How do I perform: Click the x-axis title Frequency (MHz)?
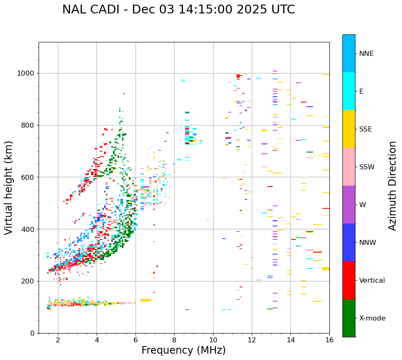[183, 350]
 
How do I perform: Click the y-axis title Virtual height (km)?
[9, 188]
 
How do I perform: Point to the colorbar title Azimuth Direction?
[392, 186]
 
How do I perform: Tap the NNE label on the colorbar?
[366, 54]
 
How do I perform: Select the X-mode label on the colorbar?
[372, 318]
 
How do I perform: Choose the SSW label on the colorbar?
[367, 167]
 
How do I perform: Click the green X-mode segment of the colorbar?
[349, 318]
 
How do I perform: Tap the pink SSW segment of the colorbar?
[349, 167]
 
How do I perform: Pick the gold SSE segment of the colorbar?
[349, 129]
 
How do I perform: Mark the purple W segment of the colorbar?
[349, 205]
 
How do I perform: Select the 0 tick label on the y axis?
[32, 333]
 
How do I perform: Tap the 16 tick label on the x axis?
[329, 339]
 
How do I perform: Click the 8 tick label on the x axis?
[174, 339]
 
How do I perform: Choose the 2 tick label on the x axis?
[58, 339]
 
